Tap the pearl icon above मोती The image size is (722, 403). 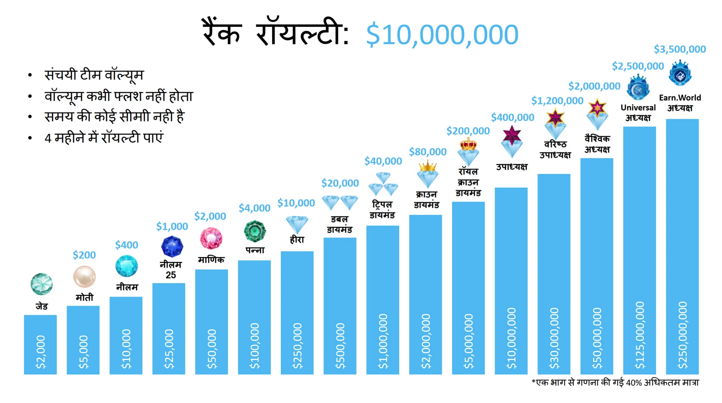(84, 277)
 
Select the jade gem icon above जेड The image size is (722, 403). (42, 284)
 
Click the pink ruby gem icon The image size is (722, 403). (211, 239)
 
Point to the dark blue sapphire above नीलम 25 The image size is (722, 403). (172, 246)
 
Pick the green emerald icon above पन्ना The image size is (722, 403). (255, 231)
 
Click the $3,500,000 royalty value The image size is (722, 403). (680, 49)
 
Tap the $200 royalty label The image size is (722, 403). (84, 255)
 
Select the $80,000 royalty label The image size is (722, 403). (428, 152)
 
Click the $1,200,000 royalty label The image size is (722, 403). (557, 101)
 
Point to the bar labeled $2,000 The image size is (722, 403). (40, 344)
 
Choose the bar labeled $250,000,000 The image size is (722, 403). (682, 246)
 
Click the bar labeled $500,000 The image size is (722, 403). (340, 306)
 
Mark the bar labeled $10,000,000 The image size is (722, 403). (511, 281)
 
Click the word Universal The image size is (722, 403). (638, 108)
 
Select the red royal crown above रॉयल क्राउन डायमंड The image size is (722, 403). (468, 145)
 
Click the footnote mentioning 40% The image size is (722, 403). (615, 382)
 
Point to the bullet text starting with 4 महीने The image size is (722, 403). (104, 138)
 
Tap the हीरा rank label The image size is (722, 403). (297, 240)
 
